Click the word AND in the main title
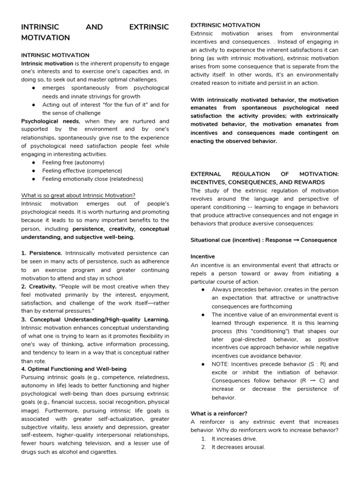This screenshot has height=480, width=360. (x=95, y=27)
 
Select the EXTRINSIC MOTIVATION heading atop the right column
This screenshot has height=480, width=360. (x=225, y=25)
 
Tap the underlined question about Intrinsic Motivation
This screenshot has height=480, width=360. (x=78, y=195)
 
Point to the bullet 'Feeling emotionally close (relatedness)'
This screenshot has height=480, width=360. (x=92, y=179)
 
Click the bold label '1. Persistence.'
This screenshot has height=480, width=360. (x=42, y=254)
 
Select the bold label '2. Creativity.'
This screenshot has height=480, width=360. (x=39, y=286)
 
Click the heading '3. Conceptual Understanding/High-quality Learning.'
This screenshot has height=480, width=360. (x=95, y=319)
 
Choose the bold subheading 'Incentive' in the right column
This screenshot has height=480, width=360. (x=202, y=257)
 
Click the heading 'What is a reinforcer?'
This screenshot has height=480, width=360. (x=219, y=413)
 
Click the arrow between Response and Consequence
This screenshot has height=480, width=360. (x=290, y=240)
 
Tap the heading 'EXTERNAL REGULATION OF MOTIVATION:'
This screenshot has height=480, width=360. (x=264, y=174)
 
